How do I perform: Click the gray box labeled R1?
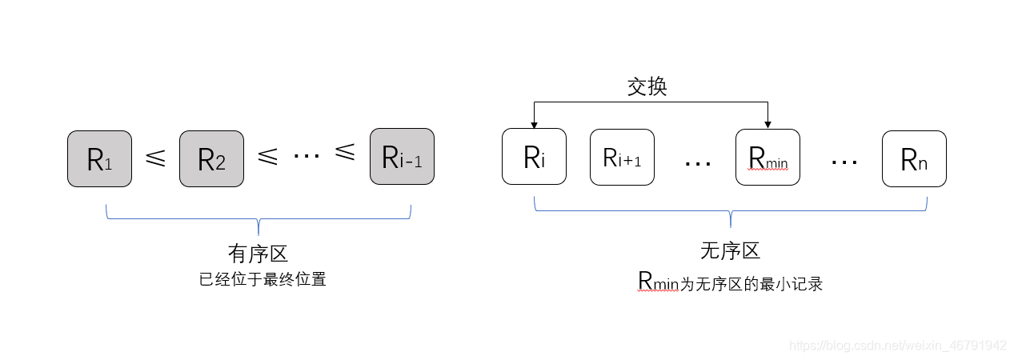99,158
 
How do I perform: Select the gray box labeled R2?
211,158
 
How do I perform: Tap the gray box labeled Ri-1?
402,157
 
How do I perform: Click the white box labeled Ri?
534,157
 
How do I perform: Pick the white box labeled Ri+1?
622,157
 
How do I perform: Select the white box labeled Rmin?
768,157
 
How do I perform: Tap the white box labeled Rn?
914,159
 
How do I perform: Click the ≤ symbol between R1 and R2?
155,158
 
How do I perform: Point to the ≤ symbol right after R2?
267,158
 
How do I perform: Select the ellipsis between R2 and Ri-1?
306,155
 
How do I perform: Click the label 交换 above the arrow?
647,86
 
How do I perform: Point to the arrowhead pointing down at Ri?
534,124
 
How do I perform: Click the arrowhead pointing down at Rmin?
768,124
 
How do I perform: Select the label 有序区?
258,254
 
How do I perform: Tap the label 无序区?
729,251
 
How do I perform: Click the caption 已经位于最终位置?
263,280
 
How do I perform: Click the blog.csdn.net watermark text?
897,346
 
